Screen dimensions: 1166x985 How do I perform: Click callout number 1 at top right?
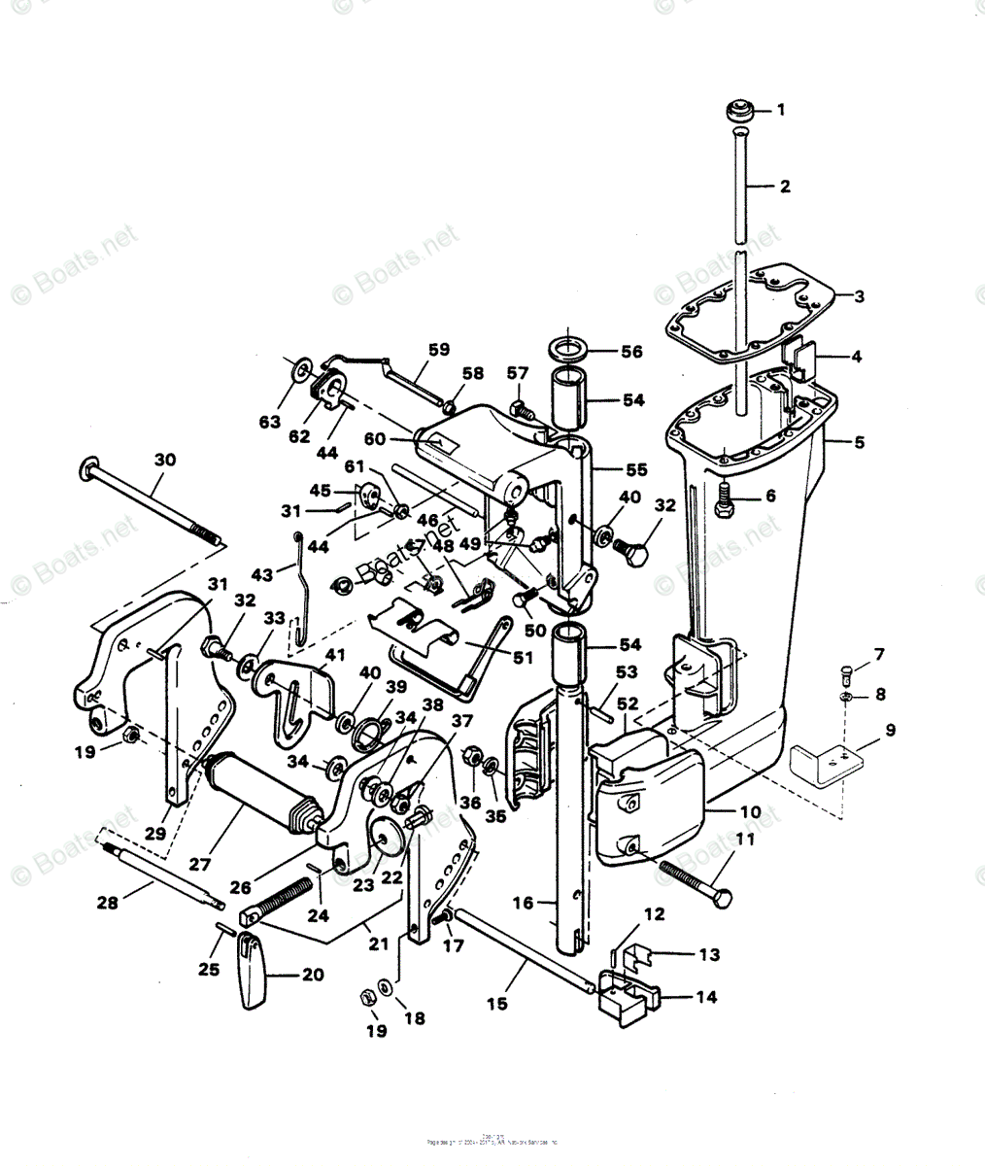click(780, 111)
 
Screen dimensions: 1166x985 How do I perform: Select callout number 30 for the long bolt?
click(165, 460)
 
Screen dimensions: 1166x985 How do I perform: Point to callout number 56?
click(631, 352)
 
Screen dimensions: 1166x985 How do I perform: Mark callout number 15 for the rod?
click(496, 1003)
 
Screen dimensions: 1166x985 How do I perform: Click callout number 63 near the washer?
click(270, 423)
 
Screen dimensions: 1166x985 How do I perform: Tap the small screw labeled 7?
click(845, 669)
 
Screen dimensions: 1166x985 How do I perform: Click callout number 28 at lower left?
click(107, 903)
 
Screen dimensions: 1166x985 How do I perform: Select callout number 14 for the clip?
click(707, 997)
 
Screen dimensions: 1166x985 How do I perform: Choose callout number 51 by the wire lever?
click(524, 658)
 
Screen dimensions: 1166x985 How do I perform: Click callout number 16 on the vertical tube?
click(523, 904)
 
